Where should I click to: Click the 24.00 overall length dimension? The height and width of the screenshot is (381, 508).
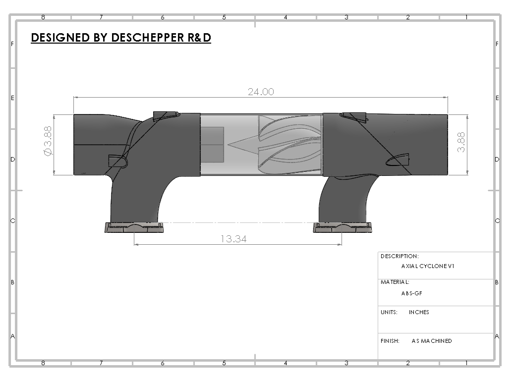click(261, 92)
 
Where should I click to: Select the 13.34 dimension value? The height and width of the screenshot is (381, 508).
click(233, 239)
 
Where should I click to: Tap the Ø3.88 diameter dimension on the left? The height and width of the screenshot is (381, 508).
click(48, 141)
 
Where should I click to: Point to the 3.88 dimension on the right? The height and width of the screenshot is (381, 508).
click(461, 142)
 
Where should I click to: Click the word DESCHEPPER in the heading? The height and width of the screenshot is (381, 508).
click(148, 38)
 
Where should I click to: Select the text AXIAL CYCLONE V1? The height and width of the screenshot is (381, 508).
click(428, 267)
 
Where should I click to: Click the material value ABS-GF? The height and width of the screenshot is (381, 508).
click(411, 293)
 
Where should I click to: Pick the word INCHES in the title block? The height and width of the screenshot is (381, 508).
click(419, 312)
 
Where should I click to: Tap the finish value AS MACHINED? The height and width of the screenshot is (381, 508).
click(432, 341)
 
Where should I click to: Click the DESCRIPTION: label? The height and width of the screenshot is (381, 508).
click(399, 256)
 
